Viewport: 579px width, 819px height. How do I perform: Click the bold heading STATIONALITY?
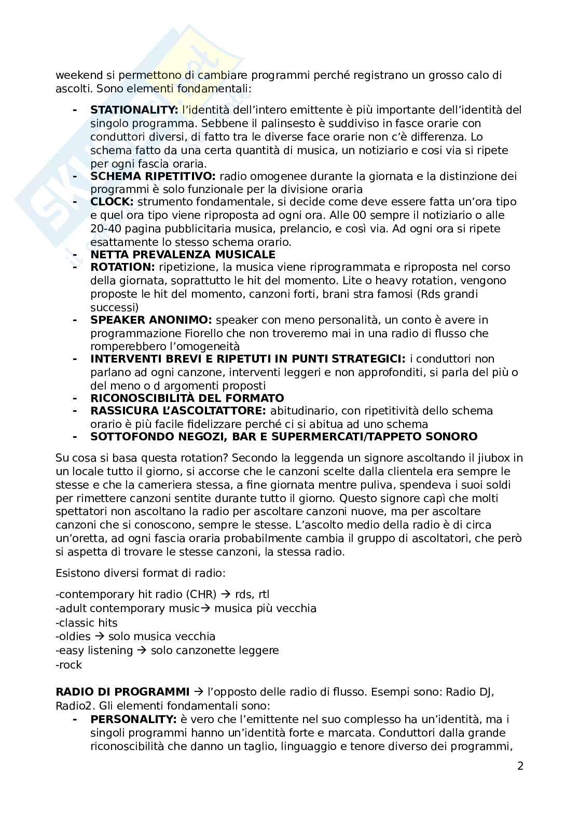point(134,110)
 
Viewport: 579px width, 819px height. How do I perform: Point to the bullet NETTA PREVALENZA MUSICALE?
point(183,255)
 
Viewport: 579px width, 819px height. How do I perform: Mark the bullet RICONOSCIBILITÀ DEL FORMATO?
point(187,398)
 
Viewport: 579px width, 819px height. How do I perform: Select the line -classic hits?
point(87,622)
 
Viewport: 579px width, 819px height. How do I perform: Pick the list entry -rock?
point(69,664)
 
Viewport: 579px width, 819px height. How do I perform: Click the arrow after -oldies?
point(99,636)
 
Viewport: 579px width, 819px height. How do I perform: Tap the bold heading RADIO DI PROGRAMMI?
point(122,692)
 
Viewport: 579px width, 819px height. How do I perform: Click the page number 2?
point(520,766)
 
